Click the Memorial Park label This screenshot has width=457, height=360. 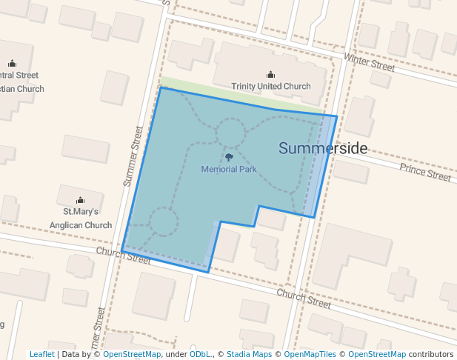229,170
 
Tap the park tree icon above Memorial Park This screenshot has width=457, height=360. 229,157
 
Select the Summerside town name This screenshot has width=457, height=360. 323,149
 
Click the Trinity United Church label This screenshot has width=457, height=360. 271,87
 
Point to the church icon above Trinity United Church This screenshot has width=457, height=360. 270,74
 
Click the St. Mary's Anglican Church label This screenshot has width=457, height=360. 80,219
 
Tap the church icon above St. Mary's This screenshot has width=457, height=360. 80,200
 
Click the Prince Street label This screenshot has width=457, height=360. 425,173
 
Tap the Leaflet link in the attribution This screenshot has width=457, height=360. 41,354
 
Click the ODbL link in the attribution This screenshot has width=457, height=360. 200,354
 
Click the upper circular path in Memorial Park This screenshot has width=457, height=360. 230,135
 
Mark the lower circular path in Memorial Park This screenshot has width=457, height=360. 164,221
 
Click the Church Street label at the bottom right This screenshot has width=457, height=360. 304,299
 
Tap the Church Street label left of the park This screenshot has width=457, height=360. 123,256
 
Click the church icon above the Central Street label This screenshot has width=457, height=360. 12,64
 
